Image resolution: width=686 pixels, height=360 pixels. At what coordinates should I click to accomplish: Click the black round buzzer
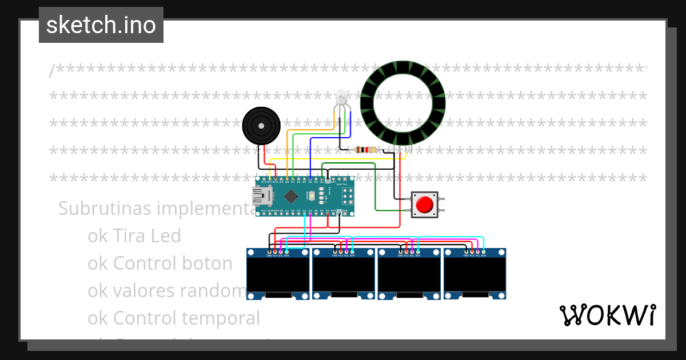click(x=261, y=125)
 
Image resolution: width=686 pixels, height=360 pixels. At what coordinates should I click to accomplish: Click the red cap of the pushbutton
click(x=424, y=205)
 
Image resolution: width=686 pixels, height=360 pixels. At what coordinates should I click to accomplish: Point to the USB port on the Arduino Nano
click(x=262, y=197)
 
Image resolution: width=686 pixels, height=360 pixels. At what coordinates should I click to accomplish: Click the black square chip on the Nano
click(x=291, y=196)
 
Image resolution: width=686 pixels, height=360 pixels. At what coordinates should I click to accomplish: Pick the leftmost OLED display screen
click(x=278, y=275)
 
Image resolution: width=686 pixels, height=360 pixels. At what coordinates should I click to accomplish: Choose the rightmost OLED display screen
click(x=476, y=275)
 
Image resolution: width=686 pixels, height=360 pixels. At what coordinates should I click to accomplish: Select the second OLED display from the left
click(x=344, y=275)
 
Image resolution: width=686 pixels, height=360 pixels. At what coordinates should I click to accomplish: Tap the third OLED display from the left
click(x=410, y=275)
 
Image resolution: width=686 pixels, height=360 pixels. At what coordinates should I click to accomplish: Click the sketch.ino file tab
click(x=101, y=25)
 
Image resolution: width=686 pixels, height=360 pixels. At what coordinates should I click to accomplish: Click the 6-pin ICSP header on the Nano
click(x=346, y=196)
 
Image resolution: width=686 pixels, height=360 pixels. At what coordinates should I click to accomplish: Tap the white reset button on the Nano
click(x=312, y=196)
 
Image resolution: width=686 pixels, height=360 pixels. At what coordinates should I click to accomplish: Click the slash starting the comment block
click(x=52, y=71)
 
